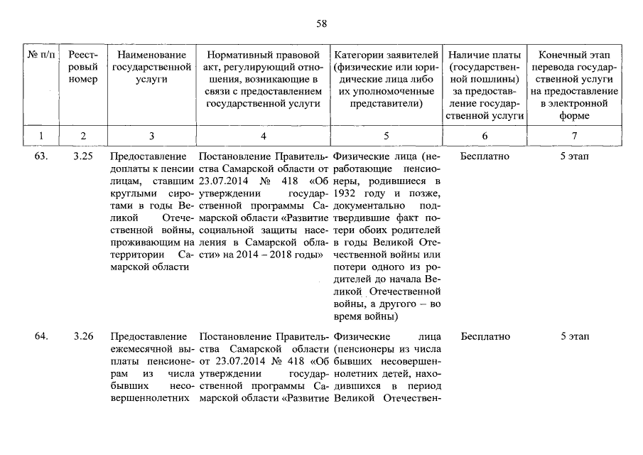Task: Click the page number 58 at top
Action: tap(321, 23)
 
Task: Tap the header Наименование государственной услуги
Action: tap(152, 67)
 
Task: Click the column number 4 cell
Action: tap(263, 135)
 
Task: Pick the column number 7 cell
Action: tap(574, 135)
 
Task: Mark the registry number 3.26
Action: tap(83, 336)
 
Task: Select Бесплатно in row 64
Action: tap(485, 336)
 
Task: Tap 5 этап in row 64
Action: tap(574, 336)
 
